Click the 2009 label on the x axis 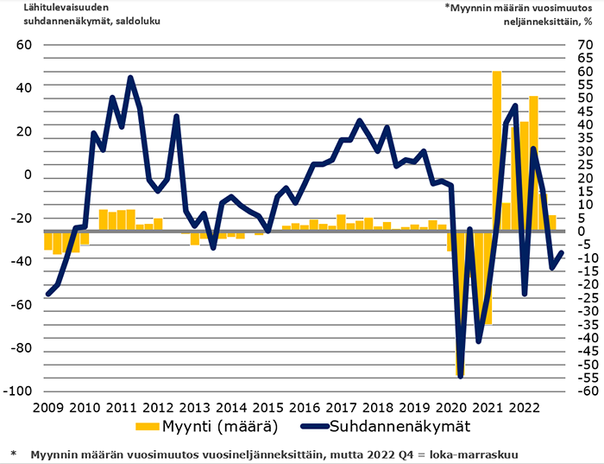tap(47, 408)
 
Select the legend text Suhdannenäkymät tap(402, 427)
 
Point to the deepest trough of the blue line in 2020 tap(461, 376)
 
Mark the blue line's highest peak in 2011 tap(130, 78)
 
